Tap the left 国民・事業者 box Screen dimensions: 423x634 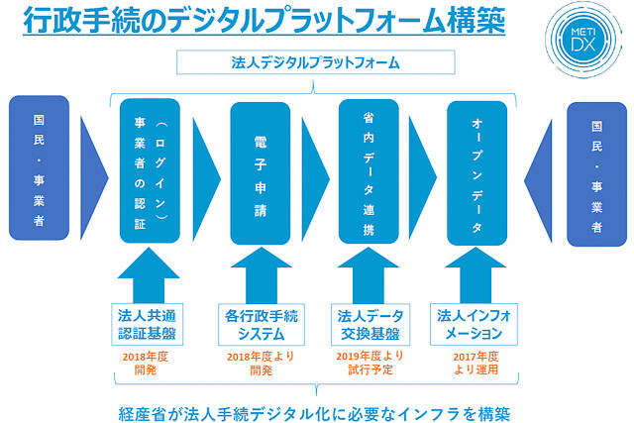40,168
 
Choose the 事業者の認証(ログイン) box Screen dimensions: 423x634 150,169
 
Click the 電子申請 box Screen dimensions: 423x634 260,169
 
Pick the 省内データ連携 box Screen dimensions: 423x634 369,169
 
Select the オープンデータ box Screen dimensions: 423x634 477,169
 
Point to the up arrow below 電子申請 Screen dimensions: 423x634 260,276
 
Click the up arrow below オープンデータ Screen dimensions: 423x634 477,276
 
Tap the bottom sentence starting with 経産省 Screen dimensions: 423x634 315,409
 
